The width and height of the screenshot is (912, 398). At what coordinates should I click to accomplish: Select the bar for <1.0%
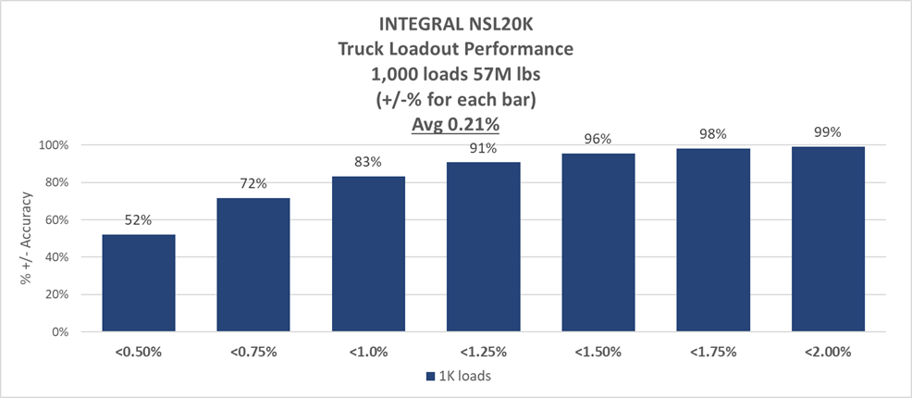(x=368, y=254)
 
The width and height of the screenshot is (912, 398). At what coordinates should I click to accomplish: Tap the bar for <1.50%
(x=598, y=242)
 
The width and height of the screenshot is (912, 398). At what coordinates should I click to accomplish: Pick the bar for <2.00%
(x=828, y=239)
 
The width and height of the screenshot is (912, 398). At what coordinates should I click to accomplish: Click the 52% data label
(x=139, y=221)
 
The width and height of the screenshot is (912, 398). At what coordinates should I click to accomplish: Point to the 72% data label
(x=253, y=184)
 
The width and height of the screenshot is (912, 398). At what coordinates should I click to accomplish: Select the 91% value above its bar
(x=483, y=148)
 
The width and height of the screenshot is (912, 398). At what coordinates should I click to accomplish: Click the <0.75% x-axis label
(x=253, y=353)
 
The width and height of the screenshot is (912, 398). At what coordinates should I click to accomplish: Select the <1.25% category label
(x=483, y=353)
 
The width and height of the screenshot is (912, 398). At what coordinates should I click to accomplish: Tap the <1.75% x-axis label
(x=713, y=353)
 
